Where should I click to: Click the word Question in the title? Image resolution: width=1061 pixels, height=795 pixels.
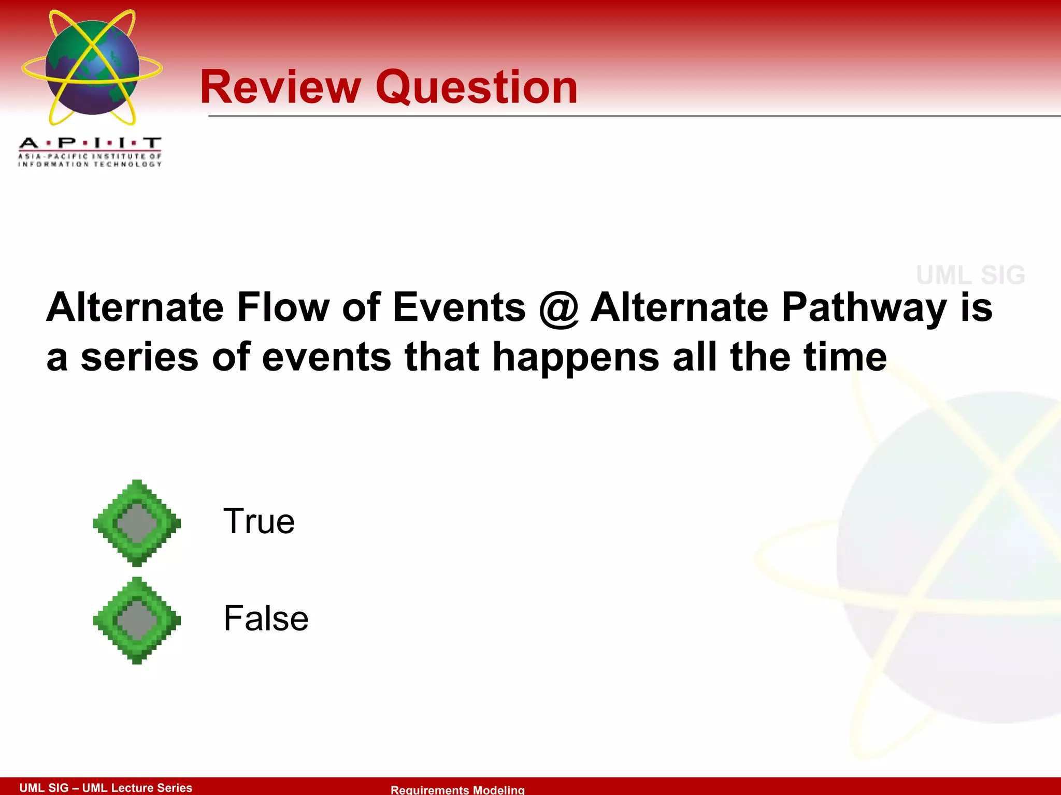[476, 88]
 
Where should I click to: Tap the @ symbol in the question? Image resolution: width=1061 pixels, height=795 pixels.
[558, 308]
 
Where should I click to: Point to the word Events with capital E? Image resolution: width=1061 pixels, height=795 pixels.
[459, 307]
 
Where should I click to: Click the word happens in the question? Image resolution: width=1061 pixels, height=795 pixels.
[576, 358]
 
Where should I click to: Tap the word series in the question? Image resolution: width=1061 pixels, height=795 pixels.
[139, 358]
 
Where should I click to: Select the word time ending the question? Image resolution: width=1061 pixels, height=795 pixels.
[845, 357]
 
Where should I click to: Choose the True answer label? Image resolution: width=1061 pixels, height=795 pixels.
[259, 521]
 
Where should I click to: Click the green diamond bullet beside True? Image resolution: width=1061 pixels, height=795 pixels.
[137, 523]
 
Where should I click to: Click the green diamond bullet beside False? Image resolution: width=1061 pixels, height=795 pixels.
[137, 620]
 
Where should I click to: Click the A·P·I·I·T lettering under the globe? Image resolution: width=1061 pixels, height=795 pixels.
[90, 143]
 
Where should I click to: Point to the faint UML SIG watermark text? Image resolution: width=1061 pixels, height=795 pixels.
[970, 275]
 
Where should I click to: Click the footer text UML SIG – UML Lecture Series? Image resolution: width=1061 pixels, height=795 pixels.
[106, 788]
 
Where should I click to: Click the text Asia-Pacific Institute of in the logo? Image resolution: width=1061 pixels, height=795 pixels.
[90, 156]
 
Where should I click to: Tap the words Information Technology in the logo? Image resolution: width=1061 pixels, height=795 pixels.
[90, 165]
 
